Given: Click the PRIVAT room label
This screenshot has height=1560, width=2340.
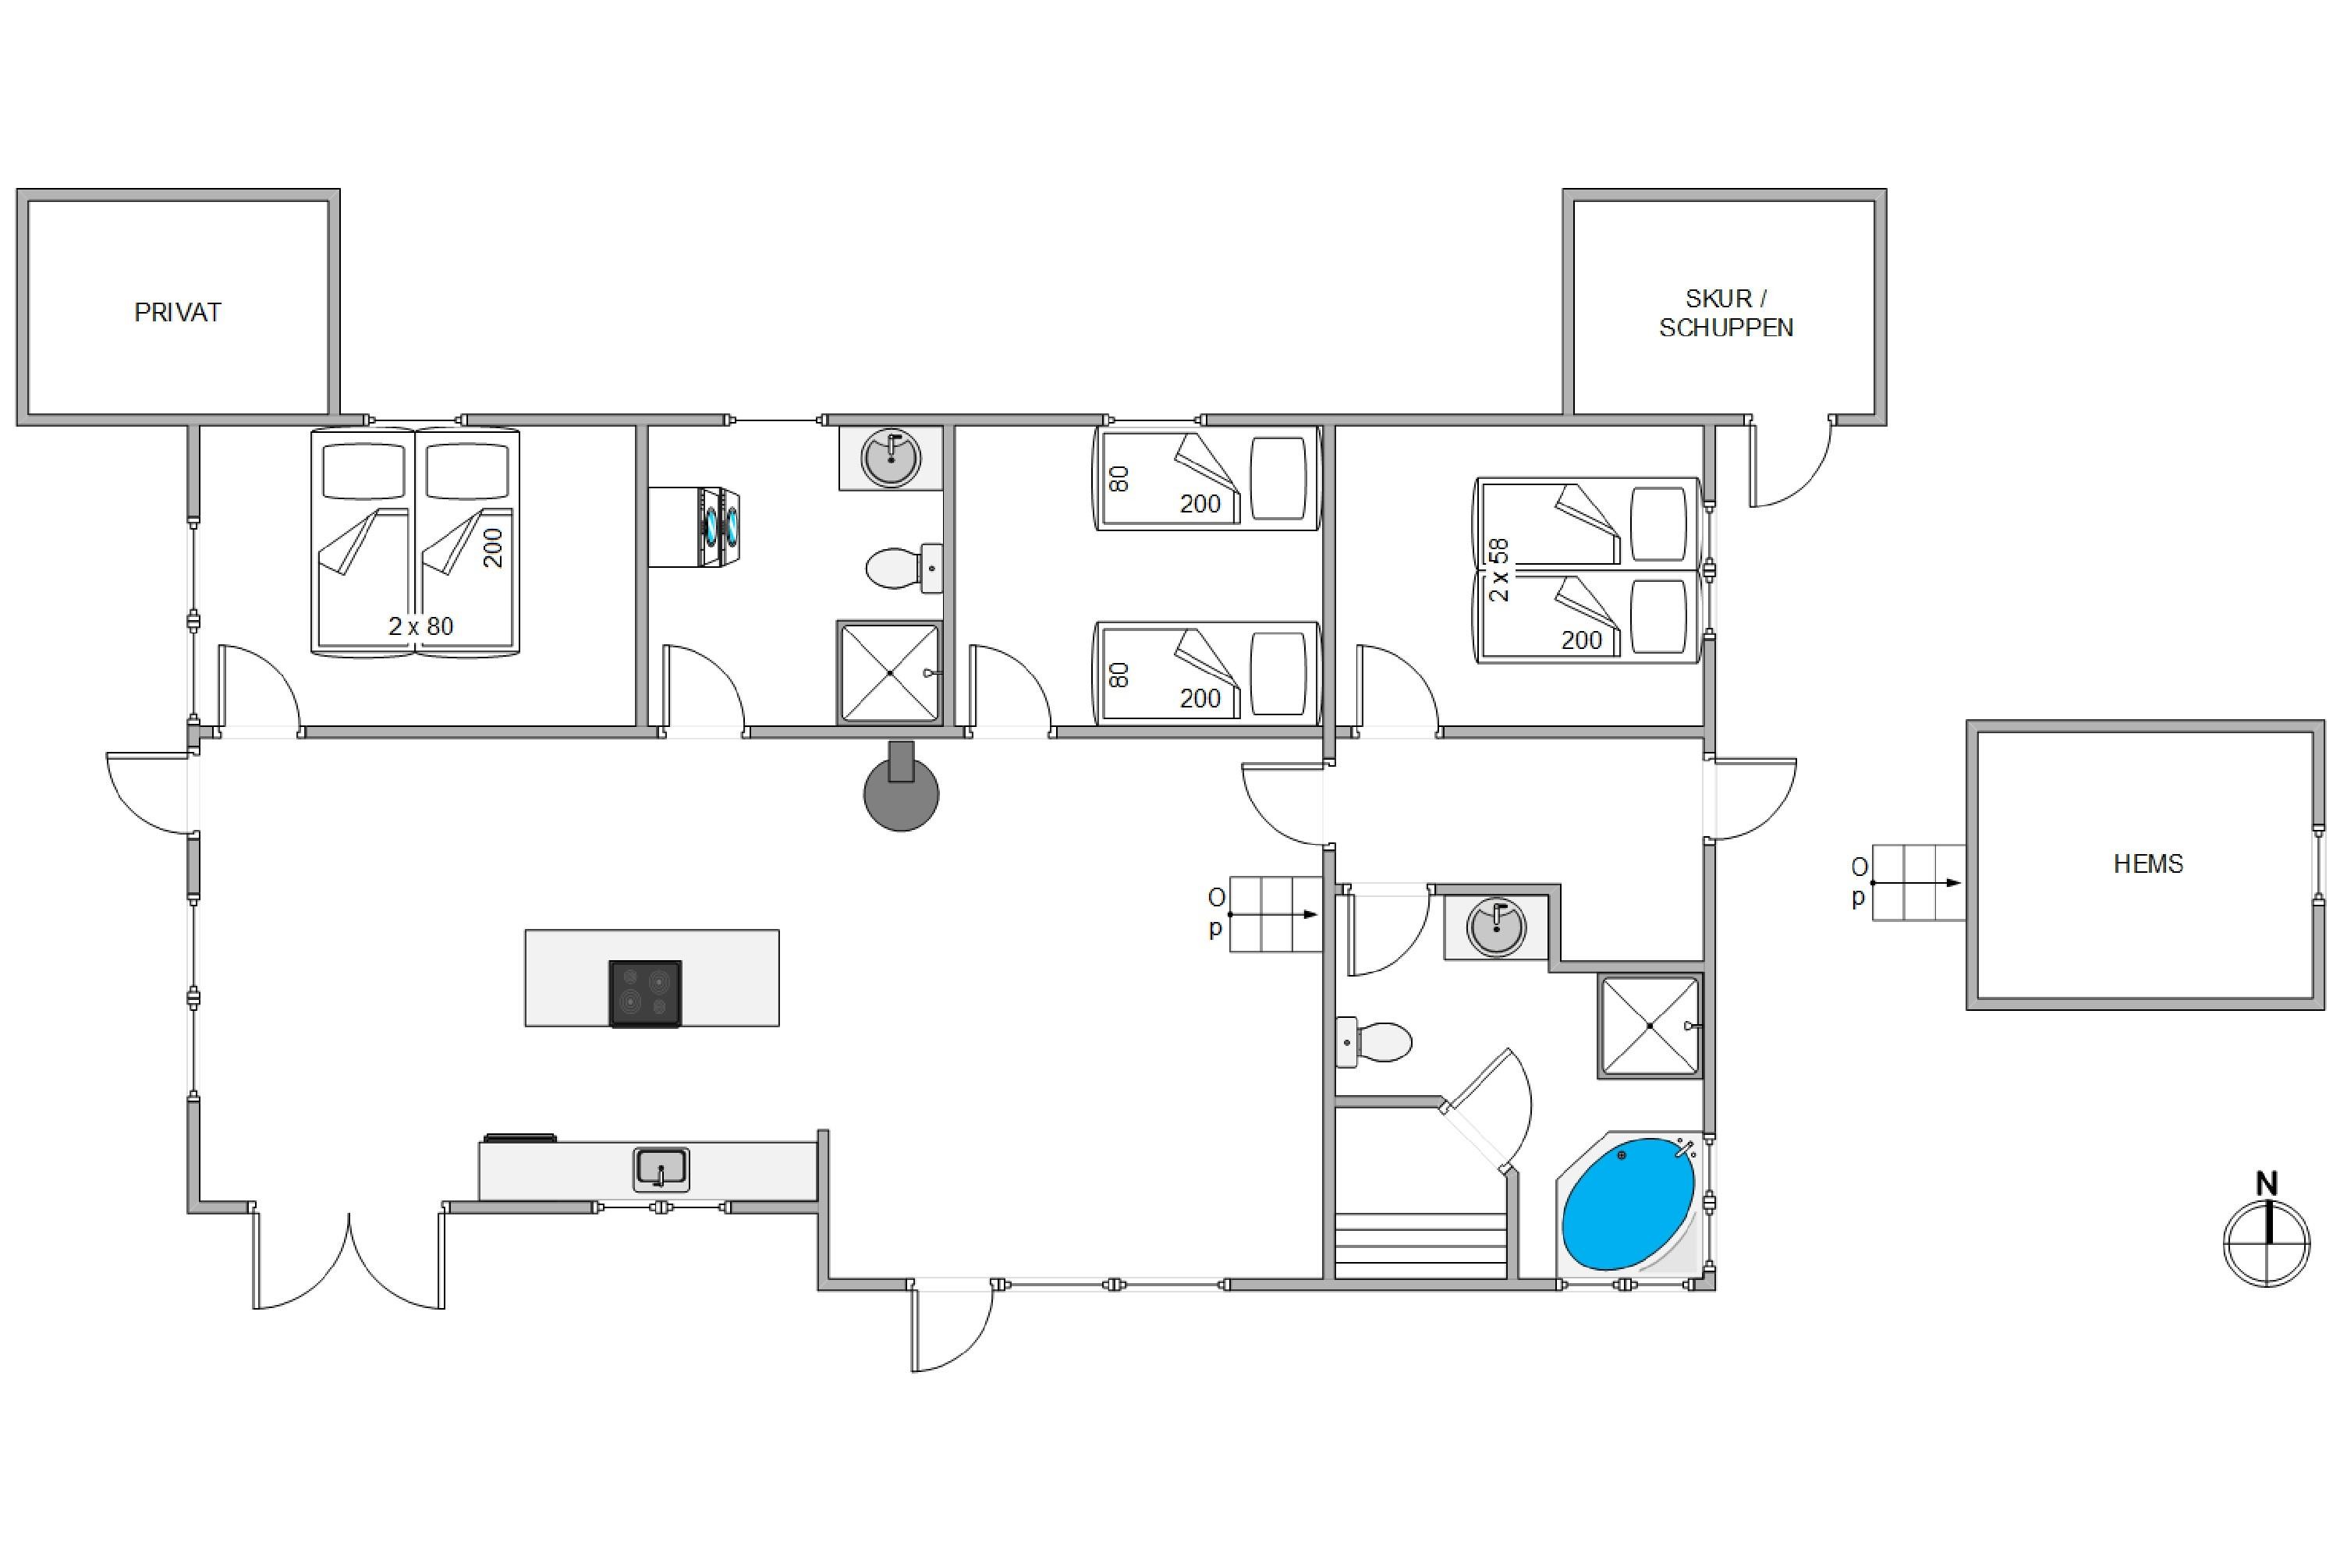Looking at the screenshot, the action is [177, 313].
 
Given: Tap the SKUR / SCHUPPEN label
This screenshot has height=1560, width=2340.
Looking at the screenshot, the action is [1726, 314].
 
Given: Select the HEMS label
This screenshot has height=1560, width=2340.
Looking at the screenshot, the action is [2148, 863].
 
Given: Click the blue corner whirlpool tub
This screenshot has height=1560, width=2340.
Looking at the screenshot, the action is [1629, 1204].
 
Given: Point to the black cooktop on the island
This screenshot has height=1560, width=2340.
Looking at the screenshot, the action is [645, 993].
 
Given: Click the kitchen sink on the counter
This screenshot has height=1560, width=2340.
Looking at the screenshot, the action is [661, 1170].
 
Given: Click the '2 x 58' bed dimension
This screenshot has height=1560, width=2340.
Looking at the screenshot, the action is [1498, 570].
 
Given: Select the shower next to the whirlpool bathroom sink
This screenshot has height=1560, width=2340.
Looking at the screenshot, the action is [1650, 1026].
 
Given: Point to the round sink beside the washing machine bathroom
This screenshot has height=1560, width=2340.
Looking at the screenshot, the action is [891, 459].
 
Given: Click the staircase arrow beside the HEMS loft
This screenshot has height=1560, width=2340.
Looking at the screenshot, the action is [1916, 882].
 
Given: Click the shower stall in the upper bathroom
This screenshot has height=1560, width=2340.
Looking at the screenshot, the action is [889, 672].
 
